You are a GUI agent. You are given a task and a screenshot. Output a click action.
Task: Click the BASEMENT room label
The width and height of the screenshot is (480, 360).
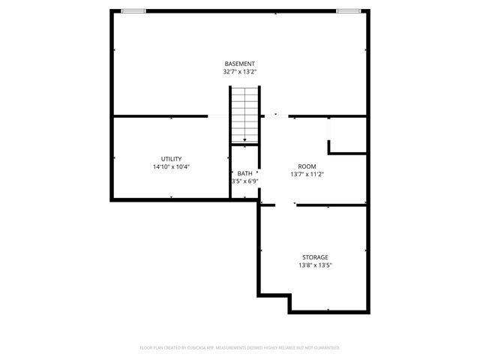pos(239,64)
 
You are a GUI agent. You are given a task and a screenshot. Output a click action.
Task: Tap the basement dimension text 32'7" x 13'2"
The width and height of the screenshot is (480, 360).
pos(239,72)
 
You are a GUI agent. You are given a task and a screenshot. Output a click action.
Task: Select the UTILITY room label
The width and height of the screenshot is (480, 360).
pos(171,159)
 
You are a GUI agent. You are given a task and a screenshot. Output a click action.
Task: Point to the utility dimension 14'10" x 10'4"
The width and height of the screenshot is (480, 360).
pos(171,166)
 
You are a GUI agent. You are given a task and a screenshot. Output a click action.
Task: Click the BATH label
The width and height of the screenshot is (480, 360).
pos(244,174)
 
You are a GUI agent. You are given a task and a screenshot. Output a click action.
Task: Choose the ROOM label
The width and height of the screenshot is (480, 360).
pos(307,166)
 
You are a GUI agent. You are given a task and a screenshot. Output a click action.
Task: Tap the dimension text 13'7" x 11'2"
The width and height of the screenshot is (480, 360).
pos(307,174)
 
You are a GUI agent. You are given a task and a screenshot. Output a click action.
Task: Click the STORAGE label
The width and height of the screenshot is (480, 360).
pos(315,257)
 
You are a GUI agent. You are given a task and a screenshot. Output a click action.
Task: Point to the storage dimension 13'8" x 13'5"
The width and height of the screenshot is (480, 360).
pos(315,265)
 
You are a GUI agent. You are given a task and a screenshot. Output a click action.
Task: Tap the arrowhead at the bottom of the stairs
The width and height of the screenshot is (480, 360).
pos(244,139)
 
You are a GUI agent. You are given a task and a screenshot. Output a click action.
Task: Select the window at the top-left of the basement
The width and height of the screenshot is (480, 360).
pos(133,11)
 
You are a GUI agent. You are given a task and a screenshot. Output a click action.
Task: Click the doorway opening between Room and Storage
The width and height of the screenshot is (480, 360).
pos(286,204)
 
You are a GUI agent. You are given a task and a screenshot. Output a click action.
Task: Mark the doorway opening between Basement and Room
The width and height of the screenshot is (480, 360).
pos(275,116)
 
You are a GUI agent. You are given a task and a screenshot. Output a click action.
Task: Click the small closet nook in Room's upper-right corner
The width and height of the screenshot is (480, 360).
pos(347,135)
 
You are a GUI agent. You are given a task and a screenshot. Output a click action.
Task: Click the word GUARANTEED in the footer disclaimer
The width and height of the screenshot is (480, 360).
pos(324,348)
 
